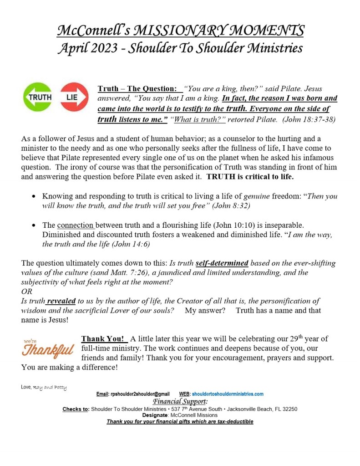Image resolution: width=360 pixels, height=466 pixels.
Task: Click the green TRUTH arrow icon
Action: (39, 97)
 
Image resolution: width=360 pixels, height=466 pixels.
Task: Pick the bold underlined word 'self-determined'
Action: (222, 263)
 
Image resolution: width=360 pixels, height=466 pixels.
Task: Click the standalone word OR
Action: (27, 292)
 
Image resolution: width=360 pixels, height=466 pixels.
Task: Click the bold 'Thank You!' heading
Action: (103, 339)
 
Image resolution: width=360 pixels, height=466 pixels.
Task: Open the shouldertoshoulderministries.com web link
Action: (228, 394)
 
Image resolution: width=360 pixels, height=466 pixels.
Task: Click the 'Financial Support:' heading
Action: (180, 401)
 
